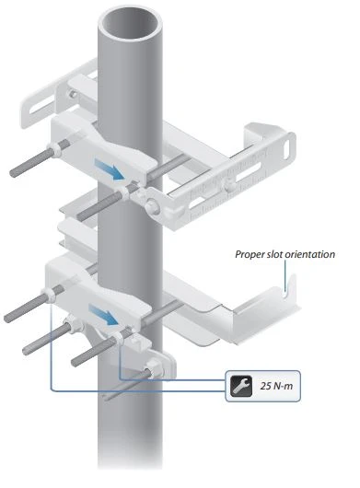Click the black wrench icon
pos(241,386)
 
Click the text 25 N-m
pos(276,386)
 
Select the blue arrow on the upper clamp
pos(110,169)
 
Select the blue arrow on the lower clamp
pos(103,315)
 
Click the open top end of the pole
pos(130,23)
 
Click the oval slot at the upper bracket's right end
pos(288,148)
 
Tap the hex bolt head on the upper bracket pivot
pos(153,206)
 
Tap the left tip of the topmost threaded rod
pos(13,173)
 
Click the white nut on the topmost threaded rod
pos(54,149)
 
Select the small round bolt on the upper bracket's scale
pos(229,186)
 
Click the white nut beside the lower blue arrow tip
pos(120,338)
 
